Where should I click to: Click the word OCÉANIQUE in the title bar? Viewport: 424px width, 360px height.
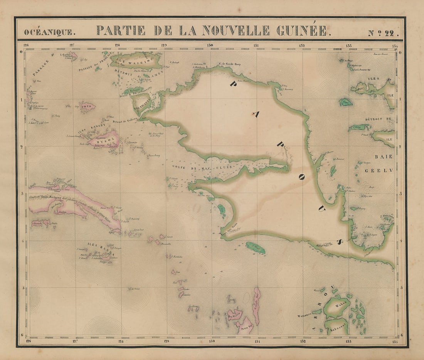(48, 32)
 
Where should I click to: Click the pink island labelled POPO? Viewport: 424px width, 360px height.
(87, 106)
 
